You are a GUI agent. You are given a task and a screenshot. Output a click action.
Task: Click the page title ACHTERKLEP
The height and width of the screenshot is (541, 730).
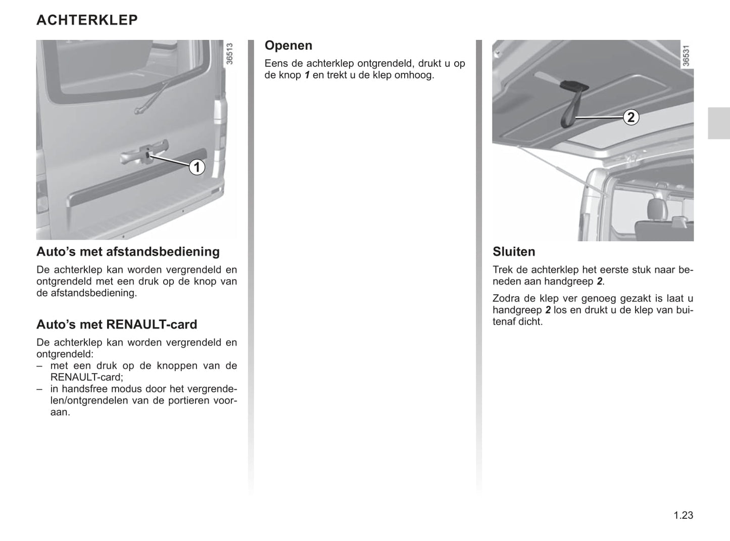point(87,20)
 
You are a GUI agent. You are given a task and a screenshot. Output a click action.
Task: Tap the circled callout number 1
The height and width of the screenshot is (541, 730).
point(197,167)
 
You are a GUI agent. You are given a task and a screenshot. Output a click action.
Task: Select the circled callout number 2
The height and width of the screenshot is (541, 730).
point(630,117)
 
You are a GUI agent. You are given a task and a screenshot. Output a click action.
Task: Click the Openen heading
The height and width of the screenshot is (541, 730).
point(288,46)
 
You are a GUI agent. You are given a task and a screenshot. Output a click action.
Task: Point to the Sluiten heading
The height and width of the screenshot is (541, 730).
point(514,252)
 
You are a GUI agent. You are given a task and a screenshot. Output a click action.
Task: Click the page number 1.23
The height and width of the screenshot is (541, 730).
point(683,515)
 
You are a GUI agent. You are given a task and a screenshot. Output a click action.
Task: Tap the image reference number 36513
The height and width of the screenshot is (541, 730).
point(230,54)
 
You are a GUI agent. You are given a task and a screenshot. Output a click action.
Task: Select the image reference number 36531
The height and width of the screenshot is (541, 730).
point(686,56)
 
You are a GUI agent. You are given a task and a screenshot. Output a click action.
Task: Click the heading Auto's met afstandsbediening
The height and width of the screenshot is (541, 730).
point(128,252)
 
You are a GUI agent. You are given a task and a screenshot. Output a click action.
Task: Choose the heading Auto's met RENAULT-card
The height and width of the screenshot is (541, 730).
point(117,325)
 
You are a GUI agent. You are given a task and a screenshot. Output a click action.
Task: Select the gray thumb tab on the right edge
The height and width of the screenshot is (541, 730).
point(718,123)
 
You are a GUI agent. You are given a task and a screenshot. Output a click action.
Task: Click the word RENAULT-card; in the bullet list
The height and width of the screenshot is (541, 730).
point(86,377)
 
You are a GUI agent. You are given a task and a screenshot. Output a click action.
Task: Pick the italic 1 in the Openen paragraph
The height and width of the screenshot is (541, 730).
point(307,75)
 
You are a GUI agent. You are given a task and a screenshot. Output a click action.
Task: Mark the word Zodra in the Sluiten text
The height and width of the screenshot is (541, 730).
point(506,299)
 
